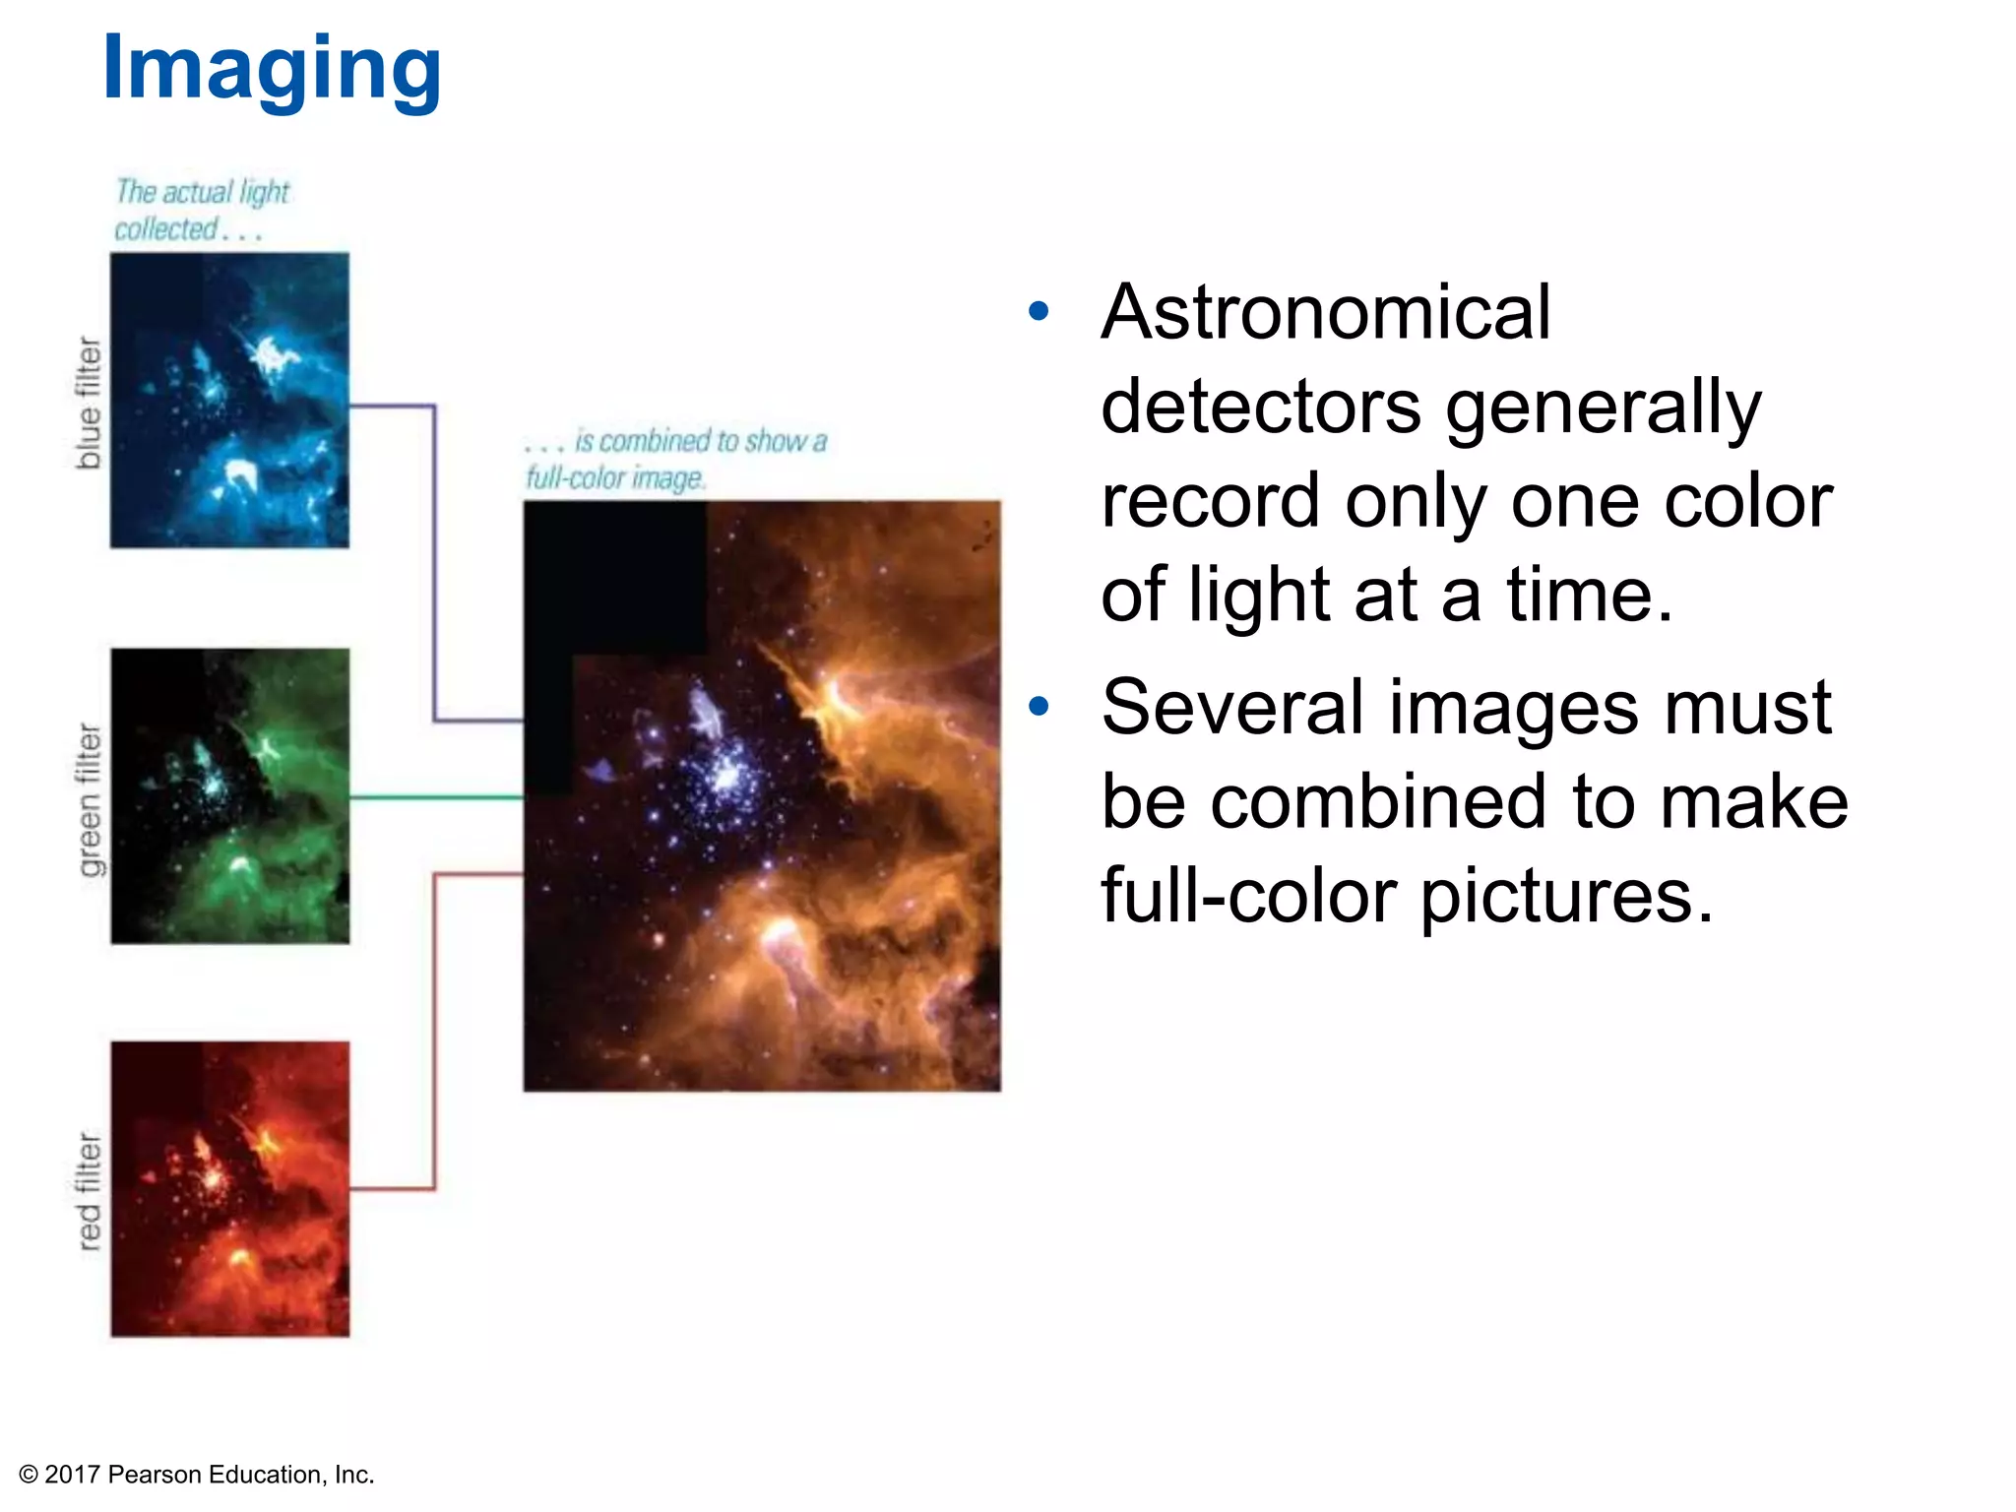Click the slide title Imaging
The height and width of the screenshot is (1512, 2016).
click(272, 69)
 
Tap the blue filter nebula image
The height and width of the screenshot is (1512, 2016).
click(229, 401)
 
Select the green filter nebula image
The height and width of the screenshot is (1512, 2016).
click(229, 795)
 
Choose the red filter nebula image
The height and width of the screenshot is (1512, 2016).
click(229, 1189)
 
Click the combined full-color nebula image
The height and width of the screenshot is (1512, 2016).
click(762, 795)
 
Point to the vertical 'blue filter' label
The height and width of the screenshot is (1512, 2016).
click(89, 403)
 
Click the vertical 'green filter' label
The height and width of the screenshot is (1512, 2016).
click(90, 799)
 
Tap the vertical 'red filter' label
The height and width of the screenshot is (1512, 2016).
click(90, 1191)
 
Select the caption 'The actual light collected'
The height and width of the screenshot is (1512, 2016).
click(201, 210)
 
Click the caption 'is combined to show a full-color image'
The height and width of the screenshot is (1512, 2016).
click(675, 459)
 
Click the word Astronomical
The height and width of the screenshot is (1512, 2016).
click(1326, 313)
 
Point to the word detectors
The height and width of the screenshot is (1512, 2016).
click(1261, 407)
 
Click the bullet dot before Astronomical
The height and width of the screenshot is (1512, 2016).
click(1039, 312)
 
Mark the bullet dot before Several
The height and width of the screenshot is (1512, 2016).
click(1039, 706)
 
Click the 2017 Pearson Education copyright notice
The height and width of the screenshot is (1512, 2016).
click(197, 1474)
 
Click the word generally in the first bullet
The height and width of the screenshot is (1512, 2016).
click(1603, 407)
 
